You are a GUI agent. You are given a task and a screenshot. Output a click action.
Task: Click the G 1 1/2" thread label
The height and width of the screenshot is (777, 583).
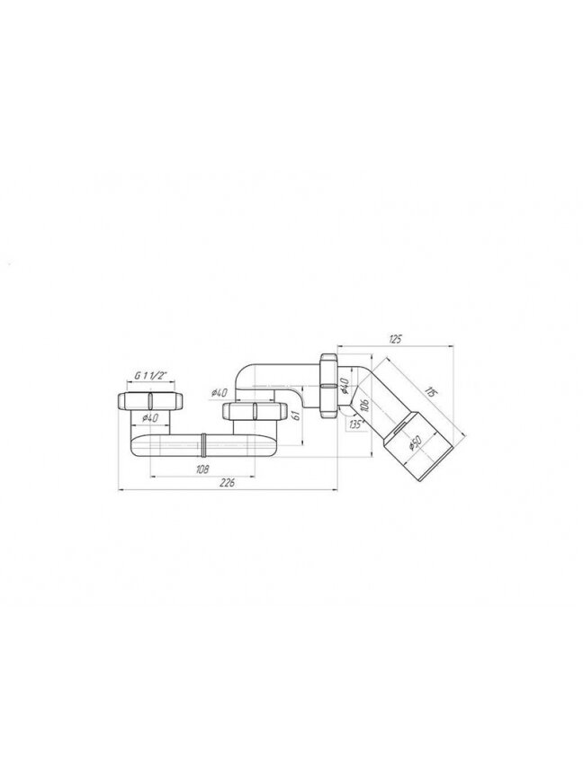point(150,376)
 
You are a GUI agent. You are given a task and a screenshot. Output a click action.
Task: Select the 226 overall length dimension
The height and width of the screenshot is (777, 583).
point(227,483)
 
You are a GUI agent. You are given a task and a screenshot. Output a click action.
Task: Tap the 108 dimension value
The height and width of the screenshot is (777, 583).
point(202,469)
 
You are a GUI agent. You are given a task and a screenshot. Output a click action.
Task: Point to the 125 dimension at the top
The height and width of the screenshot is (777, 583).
point(395,339)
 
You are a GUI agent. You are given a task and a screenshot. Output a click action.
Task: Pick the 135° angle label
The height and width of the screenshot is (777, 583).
point(355,424)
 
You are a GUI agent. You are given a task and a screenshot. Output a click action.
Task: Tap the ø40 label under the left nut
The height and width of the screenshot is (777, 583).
point(149,418)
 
